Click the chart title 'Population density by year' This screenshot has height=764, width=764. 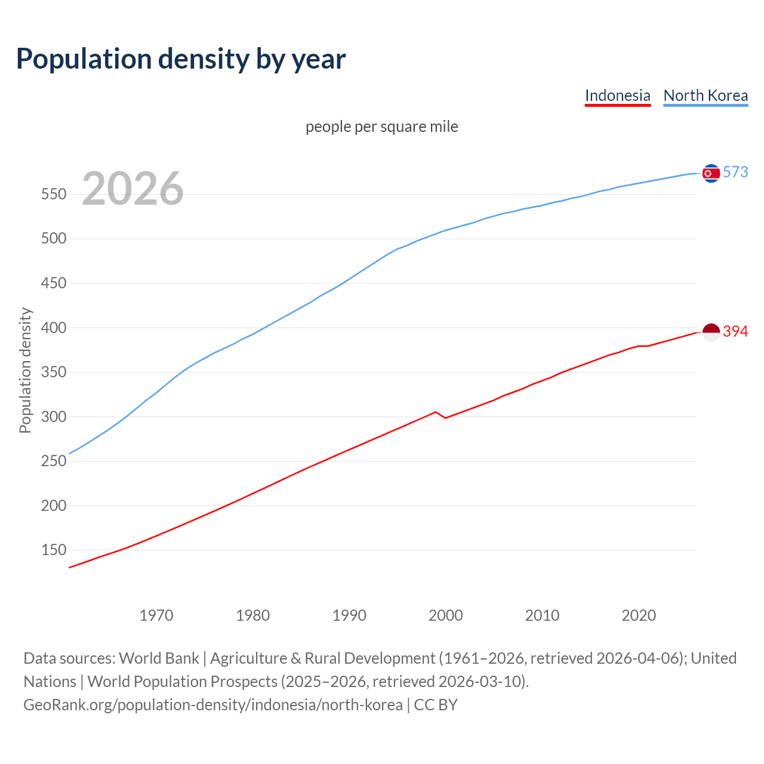(181, 59)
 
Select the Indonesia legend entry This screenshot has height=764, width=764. (617, 95)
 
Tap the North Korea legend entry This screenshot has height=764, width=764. (706, 95)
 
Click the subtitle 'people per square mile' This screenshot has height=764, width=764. (381, 127)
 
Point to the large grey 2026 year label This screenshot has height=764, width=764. (133, 189)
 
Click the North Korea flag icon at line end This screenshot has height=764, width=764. (711, 173)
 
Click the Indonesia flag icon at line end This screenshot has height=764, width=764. (711, 332)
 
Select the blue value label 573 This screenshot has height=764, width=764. (735, 172)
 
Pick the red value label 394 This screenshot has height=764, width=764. (735, 331)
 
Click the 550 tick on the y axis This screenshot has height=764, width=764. (53, 195)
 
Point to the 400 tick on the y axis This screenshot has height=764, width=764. (53, 328)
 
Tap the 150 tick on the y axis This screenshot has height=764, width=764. (53, 550)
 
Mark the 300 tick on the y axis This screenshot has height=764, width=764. (53, 417)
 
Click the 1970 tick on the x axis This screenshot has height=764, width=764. (156, 615)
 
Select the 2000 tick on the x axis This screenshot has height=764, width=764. (445, 615)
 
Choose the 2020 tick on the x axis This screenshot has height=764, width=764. (639, 615)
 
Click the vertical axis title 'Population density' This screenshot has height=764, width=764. (25, 370)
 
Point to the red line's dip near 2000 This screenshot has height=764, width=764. (445, 418)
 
